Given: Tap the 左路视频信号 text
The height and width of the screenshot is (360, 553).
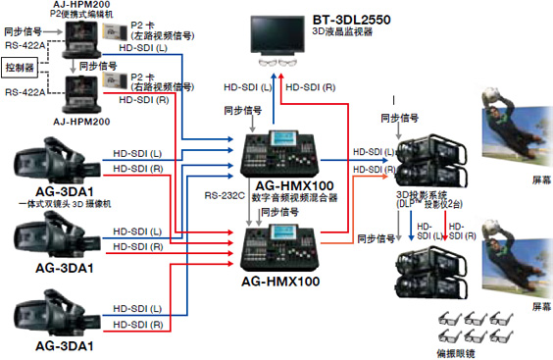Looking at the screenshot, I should [170, 36].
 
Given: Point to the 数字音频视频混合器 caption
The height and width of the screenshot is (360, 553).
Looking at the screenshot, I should [294, 197].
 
